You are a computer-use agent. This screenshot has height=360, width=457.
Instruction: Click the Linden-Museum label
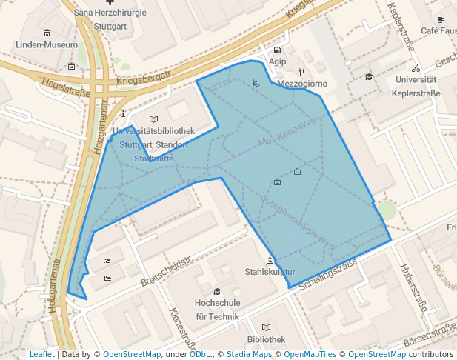point(47,44)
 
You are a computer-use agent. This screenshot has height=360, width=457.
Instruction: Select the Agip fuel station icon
point(278,49)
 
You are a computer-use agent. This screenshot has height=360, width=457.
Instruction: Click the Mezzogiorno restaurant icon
point(301,72)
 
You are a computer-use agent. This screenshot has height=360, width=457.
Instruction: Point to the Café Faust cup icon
point(441,19)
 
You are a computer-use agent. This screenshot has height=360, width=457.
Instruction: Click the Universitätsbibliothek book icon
point(153,119)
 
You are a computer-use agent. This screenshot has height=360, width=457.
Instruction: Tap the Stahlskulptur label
point(270,272)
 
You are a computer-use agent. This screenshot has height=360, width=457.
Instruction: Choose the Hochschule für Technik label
point(217,310)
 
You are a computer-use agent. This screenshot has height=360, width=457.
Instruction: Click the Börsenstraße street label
point(430,342)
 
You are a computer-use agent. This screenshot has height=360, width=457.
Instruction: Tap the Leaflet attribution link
point(41,355)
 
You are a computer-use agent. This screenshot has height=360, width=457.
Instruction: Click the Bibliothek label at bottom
point(266,339)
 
